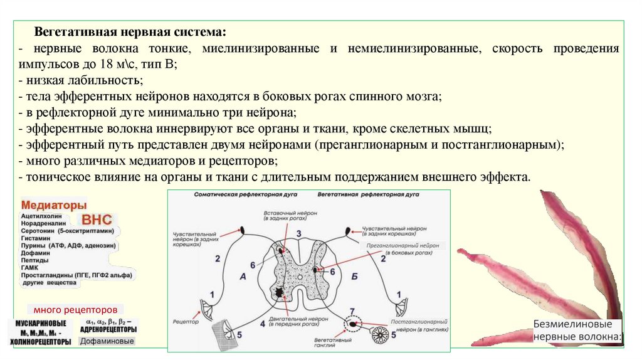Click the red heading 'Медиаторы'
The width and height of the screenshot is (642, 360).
[54, 205]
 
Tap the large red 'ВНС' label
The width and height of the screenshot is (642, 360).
[96, 220]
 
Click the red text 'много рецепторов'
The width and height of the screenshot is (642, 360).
[75, 309]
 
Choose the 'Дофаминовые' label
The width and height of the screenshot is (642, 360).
[107, 341]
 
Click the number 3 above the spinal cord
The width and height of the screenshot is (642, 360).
[299, 234]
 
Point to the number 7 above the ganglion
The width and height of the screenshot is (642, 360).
[352, 311]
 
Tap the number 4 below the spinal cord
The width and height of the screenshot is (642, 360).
[263, 324]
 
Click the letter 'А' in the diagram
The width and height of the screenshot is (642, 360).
[243, 276]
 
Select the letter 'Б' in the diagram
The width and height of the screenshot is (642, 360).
[355, 276]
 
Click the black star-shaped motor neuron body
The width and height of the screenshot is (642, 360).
[277, 292]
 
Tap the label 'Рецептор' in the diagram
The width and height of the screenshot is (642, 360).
[186, 321]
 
